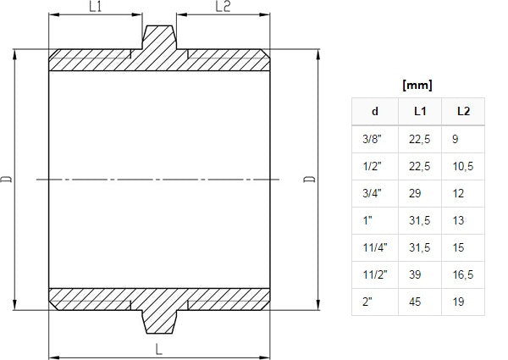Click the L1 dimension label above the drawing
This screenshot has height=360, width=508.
[x=95, y=8]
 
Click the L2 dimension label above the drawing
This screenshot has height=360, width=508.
[x=223, y=8]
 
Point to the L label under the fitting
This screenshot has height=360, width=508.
[x=158, y=349]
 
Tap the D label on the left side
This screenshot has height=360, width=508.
[x=8, y=179]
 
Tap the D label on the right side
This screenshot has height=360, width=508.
[x=310, y=179]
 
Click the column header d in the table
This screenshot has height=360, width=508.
[x=375, y=111]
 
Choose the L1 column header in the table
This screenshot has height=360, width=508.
[x=420, y=111]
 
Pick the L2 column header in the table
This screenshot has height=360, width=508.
[x=463, y=111]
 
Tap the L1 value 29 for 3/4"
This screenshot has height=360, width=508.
[x=416, y=192]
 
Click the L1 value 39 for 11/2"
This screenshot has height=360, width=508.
[x=416, y=274]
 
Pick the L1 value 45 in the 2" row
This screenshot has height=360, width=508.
[x=416, y=301]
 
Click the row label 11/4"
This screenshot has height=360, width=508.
[x=373, y=246]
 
